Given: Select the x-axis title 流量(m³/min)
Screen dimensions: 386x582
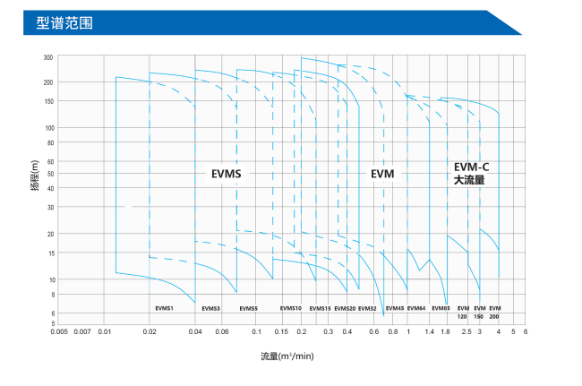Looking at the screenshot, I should coord(287,356).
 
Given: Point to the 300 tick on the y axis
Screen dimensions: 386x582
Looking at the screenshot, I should coord(48,56).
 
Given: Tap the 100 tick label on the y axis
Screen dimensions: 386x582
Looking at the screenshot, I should coord(48,127).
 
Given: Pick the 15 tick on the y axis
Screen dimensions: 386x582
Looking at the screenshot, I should coord(50,253).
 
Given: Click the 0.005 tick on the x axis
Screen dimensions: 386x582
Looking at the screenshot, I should coord(60,331).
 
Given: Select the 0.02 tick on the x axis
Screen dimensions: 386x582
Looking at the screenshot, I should coord(150,331).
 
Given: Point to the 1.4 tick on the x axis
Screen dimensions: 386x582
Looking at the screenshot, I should coord(430,331).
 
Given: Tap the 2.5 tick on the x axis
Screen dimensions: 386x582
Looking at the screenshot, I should coord(466,331).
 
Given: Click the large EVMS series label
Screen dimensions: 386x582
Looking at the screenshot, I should coord(227,174).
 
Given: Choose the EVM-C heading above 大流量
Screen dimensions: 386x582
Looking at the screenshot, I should coord(471,167).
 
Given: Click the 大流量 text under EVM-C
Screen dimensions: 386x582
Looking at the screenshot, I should coord(469,180).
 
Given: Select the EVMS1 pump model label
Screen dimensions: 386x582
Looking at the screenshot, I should coord(164,308).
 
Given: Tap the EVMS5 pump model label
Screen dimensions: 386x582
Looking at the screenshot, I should coord(248,308).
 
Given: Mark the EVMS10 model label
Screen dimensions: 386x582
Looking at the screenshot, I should coord(291,308).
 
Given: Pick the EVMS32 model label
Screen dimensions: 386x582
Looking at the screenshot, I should coord(367,308).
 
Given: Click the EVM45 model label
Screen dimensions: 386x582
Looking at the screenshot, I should coord(395,308).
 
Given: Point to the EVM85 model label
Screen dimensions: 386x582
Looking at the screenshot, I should coord(440,308).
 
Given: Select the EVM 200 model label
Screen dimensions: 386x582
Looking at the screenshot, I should coord(494,313).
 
